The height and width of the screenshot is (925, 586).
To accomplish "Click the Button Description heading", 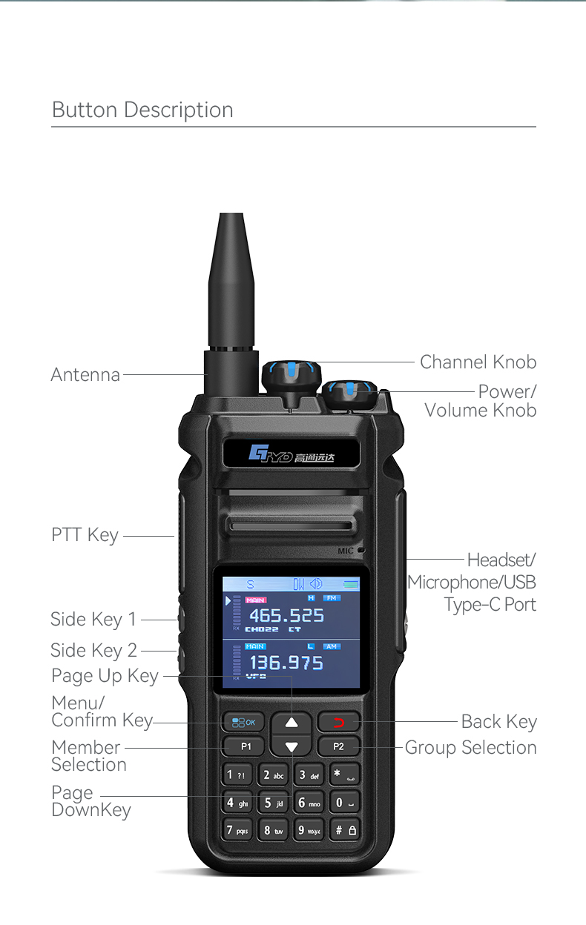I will coord(142,110).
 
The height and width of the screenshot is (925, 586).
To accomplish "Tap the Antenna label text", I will coord(85,375).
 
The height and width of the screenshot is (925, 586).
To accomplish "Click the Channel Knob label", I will coord(478,362).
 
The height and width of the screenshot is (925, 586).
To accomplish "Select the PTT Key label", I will coord(85,535).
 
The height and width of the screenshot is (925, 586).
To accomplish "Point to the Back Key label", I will coord(498,722).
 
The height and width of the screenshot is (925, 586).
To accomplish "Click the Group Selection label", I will coord(470,748).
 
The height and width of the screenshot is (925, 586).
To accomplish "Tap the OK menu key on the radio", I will coord(243,722).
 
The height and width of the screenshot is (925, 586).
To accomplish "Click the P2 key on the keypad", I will coord(338,746).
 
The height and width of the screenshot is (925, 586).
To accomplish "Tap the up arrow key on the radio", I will coord(292,722).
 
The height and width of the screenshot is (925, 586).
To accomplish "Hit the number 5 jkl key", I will coord(274,803).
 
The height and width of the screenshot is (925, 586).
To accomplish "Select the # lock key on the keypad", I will coord(345,830).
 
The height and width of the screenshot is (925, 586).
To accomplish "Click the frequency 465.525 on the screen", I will coord(286,616).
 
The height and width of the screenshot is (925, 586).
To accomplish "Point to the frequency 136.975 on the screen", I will coord(286,663).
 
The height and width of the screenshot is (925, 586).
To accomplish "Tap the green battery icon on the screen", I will coord(350,585).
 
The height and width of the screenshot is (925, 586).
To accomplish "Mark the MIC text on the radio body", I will coord(346,551).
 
